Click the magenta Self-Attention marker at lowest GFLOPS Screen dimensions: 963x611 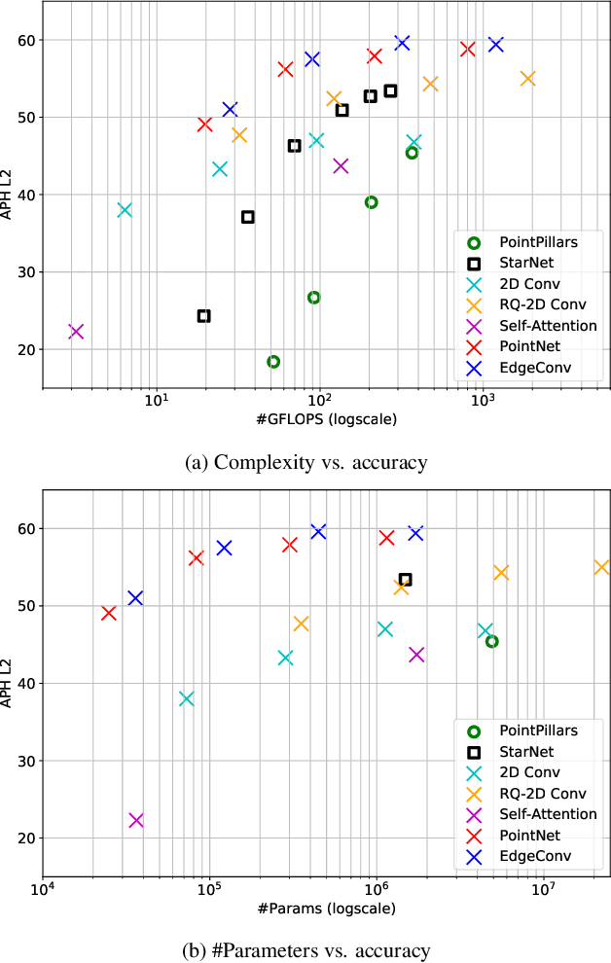tap(76, 332)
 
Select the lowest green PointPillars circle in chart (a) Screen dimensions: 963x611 tap(273, 362)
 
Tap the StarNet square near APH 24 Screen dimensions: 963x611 tap(203, 316)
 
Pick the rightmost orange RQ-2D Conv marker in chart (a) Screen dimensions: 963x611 tap(527, 79)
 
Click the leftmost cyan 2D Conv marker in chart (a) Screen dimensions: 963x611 tap(125, 210)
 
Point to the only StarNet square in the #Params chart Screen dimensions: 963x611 tap(406, 580)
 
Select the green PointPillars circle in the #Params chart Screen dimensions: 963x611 tap(492, 641)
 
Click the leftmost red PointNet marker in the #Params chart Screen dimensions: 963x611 tap(109, 614)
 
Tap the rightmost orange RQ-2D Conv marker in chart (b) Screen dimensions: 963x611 tap(601, 567)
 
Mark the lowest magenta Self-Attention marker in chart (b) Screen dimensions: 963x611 tap(136, 820)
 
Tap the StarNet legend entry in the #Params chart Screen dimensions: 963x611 tap(525, 751)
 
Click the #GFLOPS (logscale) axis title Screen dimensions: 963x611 tap(325, 419)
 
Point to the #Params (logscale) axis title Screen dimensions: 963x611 tap(325, 909)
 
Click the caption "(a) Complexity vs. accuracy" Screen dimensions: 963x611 tap(305, 462)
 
